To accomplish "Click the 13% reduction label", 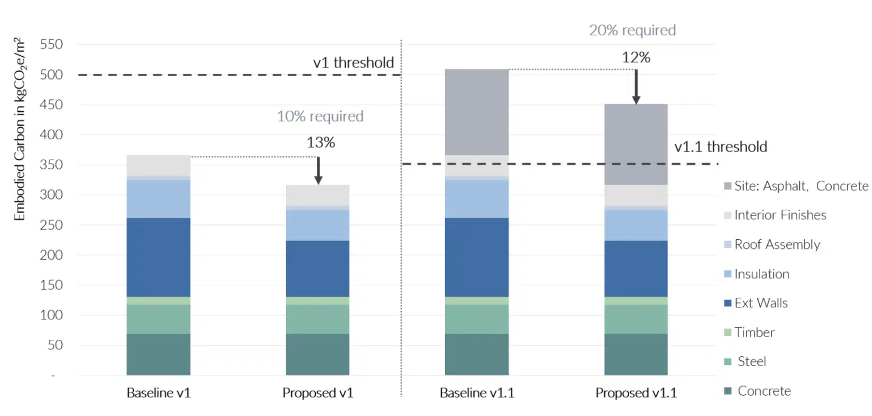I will (x=321, y=143).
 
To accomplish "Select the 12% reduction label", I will (x=636, y=57).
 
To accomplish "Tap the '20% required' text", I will (x=632, y=30).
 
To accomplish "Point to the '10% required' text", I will (x=320, y=117).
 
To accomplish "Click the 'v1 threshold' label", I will (x=354, y=63).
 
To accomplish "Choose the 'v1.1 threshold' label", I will (x=720, y=147).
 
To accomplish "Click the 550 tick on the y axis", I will (x=51, y=45).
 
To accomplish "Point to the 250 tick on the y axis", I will (x=51, y=225).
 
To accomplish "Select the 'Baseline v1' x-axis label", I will (x=158, y=393).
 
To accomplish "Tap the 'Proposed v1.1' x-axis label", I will (x=636, y=393).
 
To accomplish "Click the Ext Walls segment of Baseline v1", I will (x=158, y=257).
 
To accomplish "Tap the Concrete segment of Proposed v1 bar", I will (x=317, y=354).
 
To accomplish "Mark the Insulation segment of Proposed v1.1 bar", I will (x=636, y=225).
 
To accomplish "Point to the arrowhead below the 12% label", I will (x=636, y=100).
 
